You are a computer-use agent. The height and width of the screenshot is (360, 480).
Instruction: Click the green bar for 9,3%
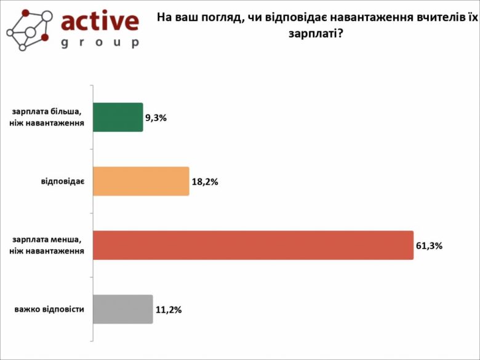118,117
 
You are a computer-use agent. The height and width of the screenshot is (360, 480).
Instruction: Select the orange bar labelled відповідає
141,181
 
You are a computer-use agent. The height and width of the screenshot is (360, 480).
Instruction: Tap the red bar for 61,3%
253,245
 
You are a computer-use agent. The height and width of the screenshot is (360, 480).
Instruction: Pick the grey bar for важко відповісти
122,309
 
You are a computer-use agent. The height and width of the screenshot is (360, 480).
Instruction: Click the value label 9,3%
156,117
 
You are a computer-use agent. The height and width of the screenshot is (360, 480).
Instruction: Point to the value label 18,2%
206,182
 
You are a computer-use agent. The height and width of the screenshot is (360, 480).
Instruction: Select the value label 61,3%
430,246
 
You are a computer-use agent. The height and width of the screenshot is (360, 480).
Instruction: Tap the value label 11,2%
168,310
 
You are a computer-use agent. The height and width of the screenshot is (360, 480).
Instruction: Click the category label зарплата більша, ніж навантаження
47,118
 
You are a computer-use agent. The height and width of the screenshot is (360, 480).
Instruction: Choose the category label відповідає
62,182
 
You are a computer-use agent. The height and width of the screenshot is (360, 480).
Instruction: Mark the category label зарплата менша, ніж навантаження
47,246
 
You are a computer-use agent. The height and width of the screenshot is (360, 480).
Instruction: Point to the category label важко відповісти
49,310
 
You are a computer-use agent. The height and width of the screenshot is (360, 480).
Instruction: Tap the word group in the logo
100,43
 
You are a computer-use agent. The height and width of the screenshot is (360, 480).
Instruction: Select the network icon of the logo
27,28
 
